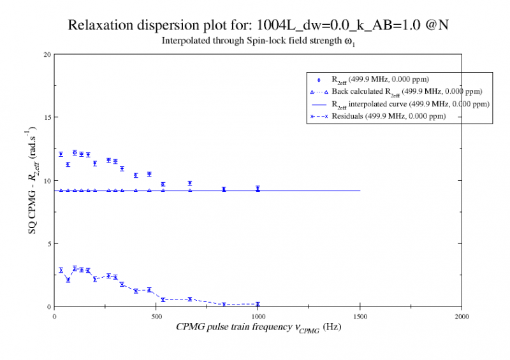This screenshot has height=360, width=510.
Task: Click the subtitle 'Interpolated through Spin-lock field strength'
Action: tap(253, 42)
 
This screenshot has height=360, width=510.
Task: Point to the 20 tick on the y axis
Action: tap(47, 54)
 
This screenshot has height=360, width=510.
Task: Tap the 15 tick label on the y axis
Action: tap(47, 117)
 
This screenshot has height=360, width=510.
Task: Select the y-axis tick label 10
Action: tap(47, 180)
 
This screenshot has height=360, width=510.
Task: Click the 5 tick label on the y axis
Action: tap(48, 243)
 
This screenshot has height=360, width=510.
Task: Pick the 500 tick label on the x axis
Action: tap(156, 315)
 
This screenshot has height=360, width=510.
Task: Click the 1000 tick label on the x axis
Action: tap(258, 315)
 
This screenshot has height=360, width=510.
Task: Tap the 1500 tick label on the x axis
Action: tap(360, 315)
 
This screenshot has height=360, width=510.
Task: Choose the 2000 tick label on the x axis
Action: tap(462, 315)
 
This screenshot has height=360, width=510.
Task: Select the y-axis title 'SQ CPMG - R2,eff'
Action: tap(33, 180)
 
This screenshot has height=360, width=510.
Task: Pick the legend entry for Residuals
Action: tap(388, 116)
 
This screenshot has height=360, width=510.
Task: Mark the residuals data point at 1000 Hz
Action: tap(258, 304)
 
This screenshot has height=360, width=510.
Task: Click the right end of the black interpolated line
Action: tap(360, 191)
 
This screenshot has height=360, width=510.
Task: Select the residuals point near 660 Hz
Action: tap(189, 299)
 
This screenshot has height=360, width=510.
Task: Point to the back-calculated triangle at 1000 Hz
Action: tap(258, 191)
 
